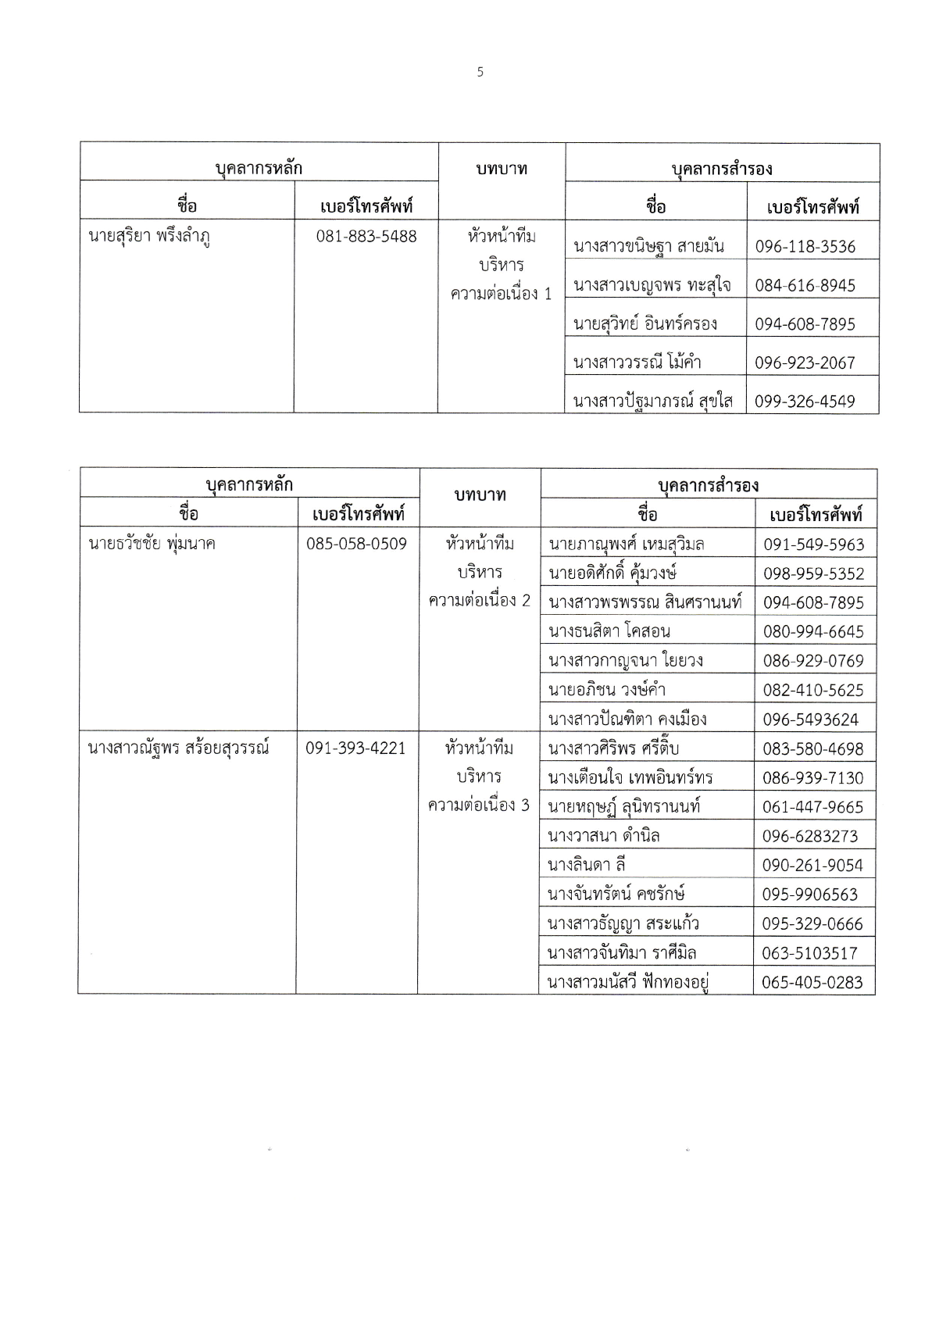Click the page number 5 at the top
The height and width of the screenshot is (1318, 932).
[x=480, y=72]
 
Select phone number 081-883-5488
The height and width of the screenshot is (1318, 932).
[x=366, y=236]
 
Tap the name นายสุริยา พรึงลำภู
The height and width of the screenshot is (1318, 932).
[x=149, y=236]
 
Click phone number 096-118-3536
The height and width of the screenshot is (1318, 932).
[x=805, y=247]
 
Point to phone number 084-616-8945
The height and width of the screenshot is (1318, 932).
[x=805, y=285]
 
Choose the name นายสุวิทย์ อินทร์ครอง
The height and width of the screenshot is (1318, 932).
[x=645, y=323]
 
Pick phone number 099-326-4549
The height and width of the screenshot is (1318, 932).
[x=805, y=402]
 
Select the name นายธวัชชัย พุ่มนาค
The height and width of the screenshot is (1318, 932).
[x=152, y=543]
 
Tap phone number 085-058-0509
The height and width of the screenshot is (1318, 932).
[x=356, y=543]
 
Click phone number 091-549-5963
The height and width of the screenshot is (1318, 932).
[x=813, y=545]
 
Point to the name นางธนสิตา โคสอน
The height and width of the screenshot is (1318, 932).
[x=609, y=631]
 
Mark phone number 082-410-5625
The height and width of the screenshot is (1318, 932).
[x=813, y=690]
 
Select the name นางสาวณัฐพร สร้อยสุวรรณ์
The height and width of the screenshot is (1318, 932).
[x=178, y=748]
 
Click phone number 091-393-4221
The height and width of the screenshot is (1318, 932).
[x=355, y=748]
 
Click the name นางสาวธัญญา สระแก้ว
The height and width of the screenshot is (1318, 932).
[x=623, y=923]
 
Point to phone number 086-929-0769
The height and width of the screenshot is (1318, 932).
[x=813, y=661]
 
